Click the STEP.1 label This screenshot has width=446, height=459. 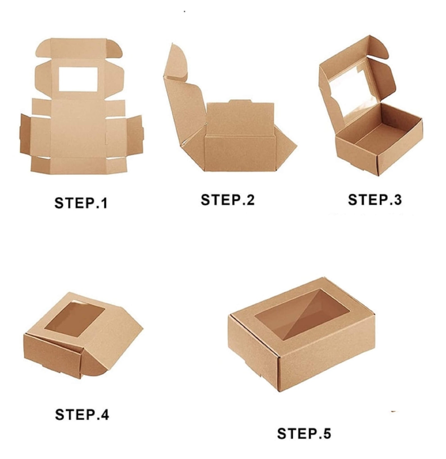[81, 203]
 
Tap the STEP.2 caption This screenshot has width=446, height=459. [227, 200]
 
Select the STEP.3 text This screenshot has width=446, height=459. [375, 200]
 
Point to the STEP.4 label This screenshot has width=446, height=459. [82, 415]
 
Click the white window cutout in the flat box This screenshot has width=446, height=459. [78, 79]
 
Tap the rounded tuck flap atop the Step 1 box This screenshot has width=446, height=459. [79, 48]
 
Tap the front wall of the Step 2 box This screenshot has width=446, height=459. [239, 153]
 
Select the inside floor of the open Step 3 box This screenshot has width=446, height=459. [385, 132]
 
